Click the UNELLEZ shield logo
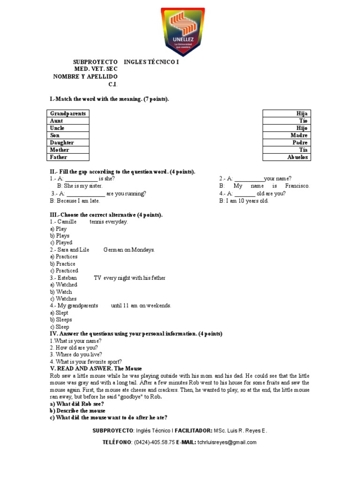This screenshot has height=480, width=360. point(183,32)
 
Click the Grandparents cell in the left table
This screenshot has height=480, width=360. point(68,113)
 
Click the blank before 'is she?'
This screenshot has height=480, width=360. point(81,179)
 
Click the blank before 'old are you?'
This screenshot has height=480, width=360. point(245,194)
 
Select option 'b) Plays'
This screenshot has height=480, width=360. point(60,236)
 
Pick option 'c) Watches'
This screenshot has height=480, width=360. point(63,299)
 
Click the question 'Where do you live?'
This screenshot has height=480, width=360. point(76,355)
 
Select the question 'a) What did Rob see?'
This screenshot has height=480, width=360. point(77,404)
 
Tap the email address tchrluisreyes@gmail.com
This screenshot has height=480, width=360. point(227,442)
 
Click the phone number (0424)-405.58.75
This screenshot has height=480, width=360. point(154,442)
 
